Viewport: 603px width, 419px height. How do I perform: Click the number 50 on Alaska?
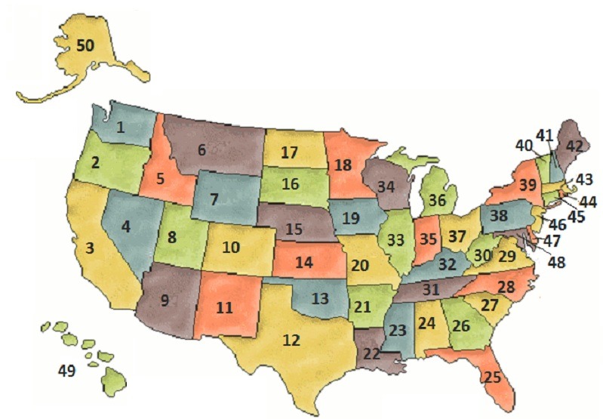coord(85,46)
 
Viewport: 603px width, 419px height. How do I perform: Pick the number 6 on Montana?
coord(202,149)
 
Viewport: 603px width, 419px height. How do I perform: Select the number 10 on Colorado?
coord(231,248)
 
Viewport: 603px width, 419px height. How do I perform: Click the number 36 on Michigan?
coord(436,202)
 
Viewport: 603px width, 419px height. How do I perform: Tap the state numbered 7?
coord(214,202)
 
